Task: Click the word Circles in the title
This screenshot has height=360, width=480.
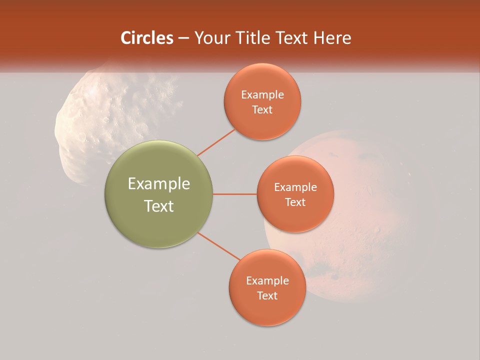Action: (x=146, y=38)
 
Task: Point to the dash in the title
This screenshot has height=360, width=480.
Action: (x=183, y=38)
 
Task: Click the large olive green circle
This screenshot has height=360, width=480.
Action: (x=159, y=194)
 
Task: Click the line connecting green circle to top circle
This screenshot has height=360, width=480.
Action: (x=216, y=142)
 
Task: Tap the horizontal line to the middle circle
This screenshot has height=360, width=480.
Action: (x=235, y=194)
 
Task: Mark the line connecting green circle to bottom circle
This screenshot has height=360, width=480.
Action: (x=219, y=246)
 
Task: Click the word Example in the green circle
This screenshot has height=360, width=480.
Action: (x=159, y=184)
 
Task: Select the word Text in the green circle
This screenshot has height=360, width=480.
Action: (x=159, y=206)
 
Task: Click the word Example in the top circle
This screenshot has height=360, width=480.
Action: (x=262, y=95)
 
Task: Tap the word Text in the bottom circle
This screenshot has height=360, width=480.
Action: (x=267, y=295)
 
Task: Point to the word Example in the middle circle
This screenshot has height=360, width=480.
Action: (x=295, y=187)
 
